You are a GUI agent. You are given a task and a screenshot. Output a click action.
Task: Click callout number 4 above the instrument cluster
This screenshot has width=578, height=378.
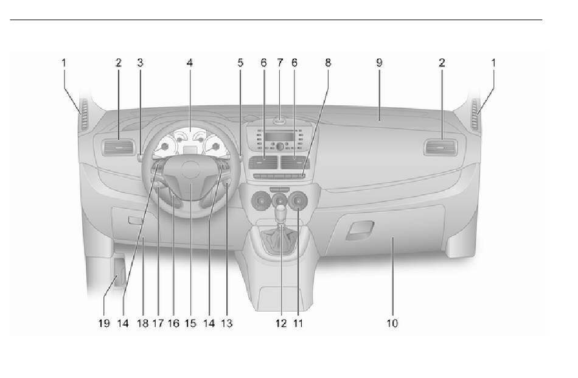pos(190,62)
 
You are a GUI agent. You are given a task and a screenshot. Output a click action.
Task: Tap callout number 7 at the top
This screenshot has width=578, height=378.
pos(280,62)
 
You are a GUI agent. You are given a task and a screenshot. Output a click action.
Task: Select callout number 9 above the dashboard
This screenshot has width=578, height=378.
pos(378,62)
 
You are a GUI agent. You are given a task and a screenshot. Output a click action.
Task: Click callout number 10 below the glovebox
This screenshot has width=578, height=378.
pos(392,323)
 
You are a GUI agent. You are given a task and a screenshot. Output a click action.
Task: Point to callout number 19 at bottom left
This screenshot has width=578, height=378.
pos(104,323)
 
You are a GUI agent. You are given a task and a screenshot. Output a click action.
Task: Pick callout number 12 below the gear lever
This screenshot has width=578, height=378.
pos(280,323)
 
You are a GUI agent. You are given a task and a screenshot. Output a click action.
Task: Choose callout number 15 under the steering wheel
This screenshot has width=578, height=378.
pos(190,323)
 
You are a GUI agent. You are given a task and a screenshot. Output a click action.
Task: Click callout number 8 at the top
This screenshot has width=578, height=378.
pos(328,62)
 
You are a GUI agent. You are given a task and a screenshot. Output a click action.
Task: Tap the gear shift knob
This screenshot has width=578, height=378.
pos(280,214)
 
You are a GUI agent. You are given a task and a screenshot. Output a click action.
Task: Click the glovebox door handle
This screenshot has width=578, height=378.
pos(359,231)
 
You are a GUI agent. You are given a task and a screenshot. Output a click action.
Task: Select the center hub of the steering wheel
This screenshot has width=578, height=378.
pos(191,172)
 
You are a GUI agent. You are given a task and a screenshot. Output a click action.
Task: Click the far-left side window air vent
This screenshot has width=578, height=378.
pos(83,114)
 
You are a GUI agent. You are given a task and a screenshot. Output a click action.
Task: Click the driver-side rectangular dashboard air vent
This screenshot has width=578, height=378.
pos(118,147)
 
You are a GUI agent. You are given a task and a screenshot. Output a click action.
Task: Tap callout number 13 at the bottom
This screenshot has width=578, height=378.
pos(227,323)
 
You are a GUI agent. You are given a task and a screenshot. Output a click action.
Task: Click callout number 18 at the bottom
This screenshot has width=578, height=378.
pos(142,323)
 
